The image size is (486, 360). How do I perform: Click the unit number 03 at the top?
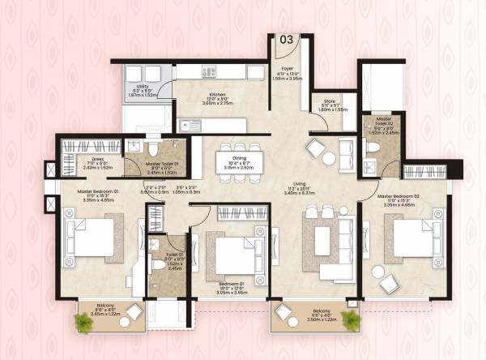point(287,38)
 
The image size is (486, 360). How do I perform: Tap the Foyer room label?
point(287,69)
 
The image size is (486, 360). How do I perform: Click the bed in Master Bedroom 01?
point(93,238)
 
